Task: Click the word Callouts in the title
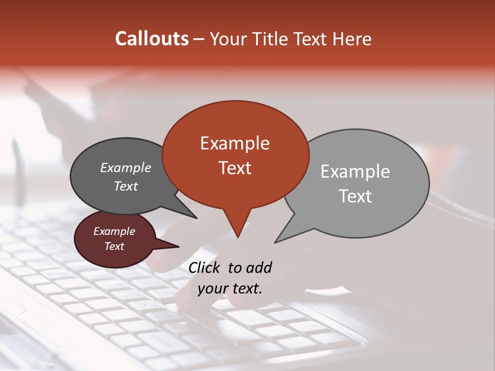click(152, 39)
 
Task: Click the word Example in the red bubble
click(235, 143)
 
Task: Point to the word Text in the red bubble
click(235, 168)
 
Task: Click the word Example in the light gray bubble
click(355, 172)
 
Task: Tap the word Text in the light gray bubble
click(355, 196)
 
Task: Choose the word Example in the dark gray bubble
click(125, 167)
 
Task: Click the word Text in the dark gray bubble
click(125, 186)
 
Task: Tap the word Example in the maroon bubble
click(114, 231)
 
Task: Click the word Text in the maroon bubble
click(114, 246)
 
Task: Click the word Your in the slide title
click(228, 39)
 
